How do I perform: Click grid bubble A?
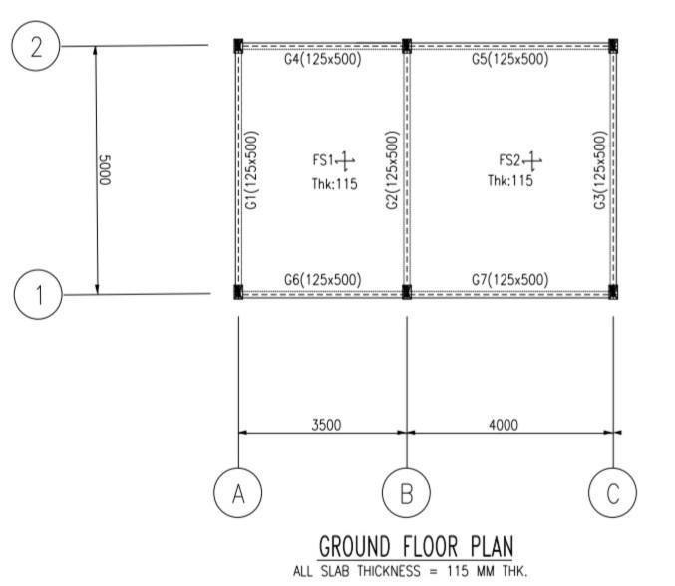point(238,492)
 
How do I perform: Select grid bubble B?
point(407,492)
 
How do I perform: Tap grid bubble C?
point(613,492)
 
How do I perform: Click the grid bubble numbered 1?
point(38,294)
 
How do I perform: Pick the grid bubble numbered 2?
point(38,47)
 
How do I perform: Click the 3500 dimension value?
point(326,424)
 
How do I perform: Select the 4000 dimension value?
point(504,424)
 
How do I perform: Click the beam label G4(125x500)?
point(322,60)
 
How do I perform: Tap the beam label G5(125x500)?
point(509,60)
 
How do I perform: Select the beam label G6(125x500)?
point(322,279)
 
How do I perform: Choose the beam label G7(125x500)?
point(509,279)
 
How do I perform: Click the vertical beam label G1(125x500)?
point(253,169)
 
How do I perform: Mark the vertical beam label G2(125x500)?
point(392,169)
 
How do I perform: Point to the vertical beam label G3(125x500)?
point(599,169)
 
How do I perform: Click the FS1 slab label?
point(324,160)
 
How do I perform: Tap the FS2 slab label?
point(510,159)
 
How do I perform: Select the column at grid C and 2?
point(613,45)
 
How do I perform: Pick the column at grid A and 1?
point(238,292)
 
